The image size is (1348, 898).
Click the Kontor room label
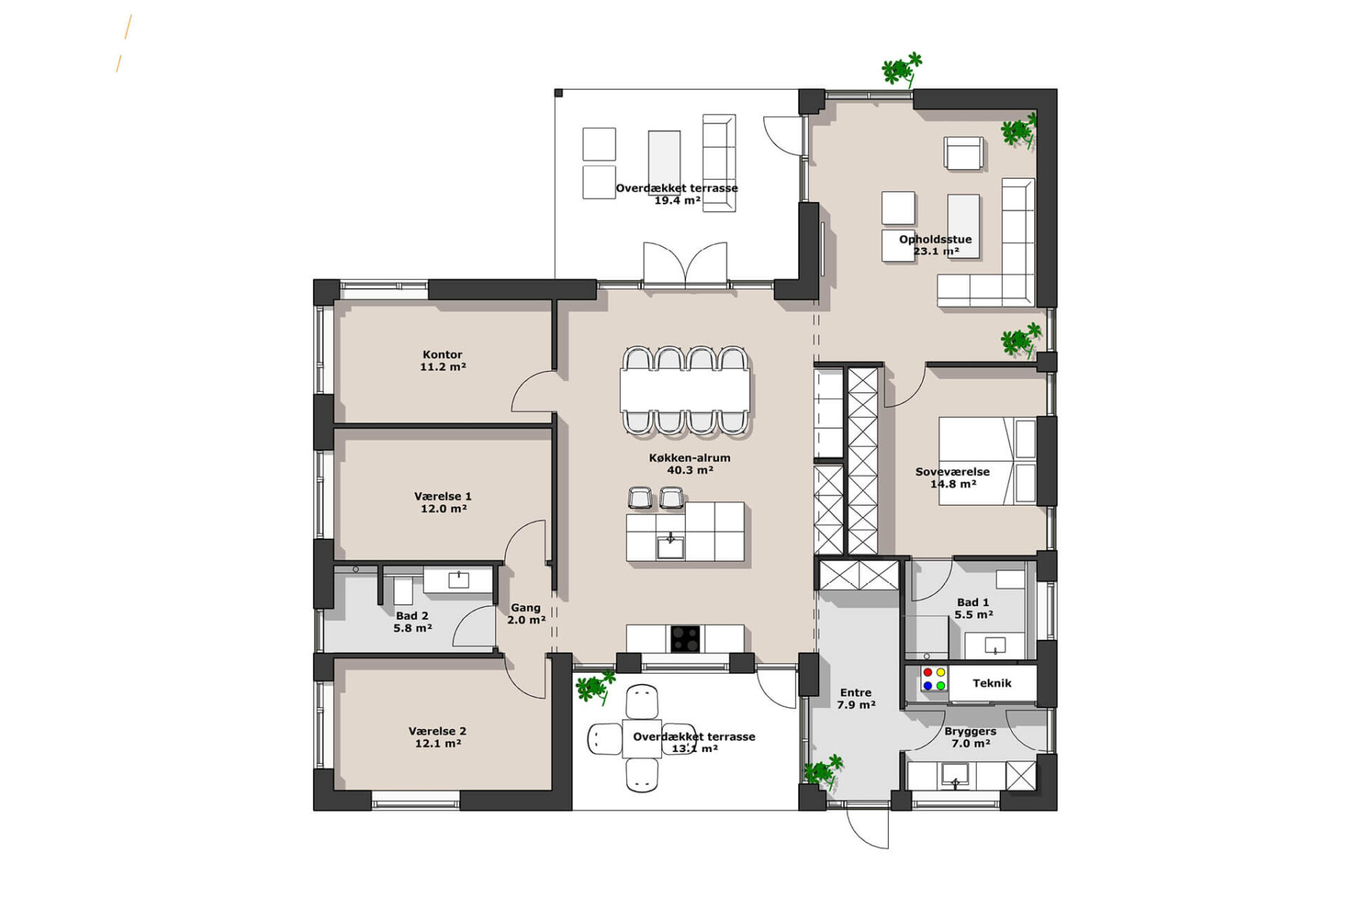[443, 355]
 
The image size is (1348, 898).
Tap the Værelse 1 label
[443, 496]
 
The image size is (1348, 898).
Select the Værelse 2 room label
[437, 731]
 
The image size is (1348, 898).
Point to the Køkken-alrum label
[690, 458]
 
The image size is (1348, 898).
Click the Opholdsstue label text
[935, 239]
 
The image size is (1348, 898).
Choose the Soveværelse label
[953, 472]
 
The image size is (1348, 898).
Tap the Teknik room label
[992, 683]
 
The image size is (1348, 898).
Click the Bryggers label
[971, 732]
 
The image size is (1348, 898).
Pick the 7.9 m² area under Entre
[857, 705]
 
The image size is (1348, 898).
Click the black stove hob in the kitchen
[685, 639]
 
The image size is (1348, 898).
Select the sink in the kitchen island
[670, 546]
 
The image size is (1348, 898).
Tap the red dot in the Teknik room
[928, 673]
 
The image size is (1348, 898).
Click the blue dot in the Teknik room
[928, 685]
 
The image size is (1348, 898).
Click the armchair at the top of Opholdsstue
[964, 153]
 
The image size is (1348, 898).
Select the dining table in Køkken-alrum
[684, 389]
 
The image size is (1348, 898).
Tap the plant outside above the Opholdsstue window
[902, 70]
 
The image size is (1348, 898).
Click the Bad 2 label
[413, 616]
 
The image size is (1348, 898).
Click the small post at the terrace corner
[559, 93]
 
